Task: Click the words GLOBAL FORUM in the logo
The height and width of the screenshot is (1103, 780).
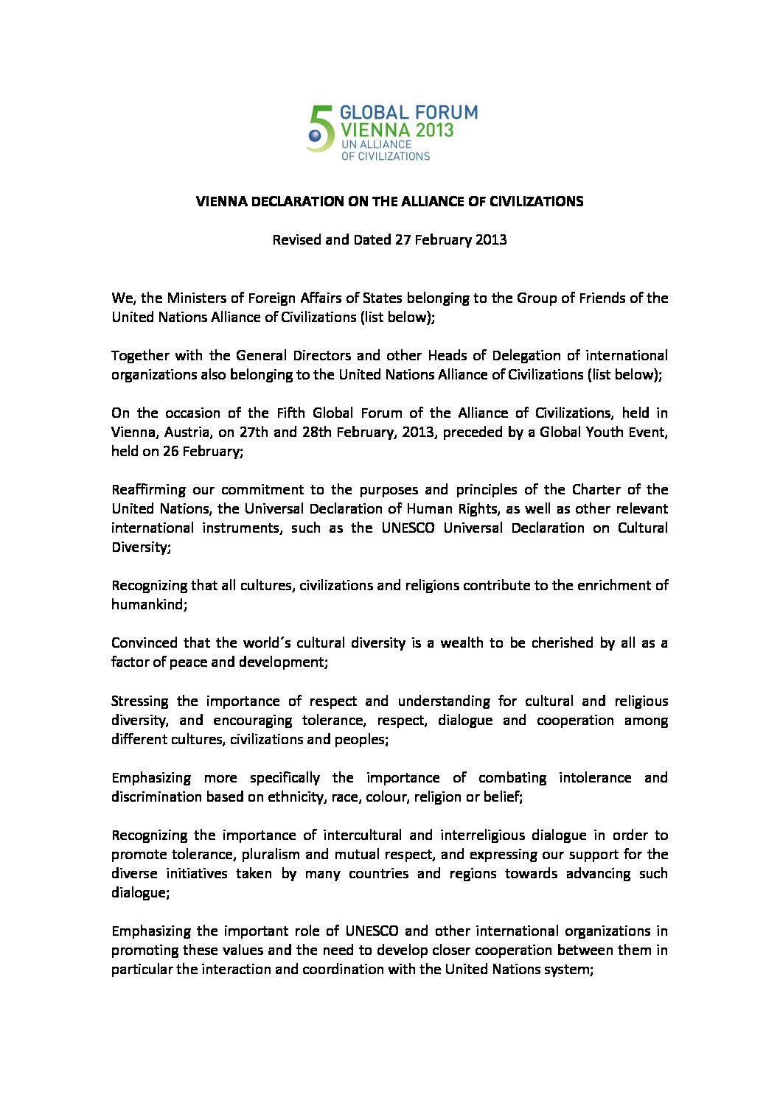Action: point(408,113)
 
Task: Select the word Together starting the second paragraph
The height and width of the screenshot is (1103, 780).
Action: point(140,355)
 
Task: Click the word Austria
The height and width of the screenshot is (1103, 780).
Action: point(178,432)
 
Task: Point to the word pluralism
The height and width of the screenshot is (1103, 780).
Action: point(268,854)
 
